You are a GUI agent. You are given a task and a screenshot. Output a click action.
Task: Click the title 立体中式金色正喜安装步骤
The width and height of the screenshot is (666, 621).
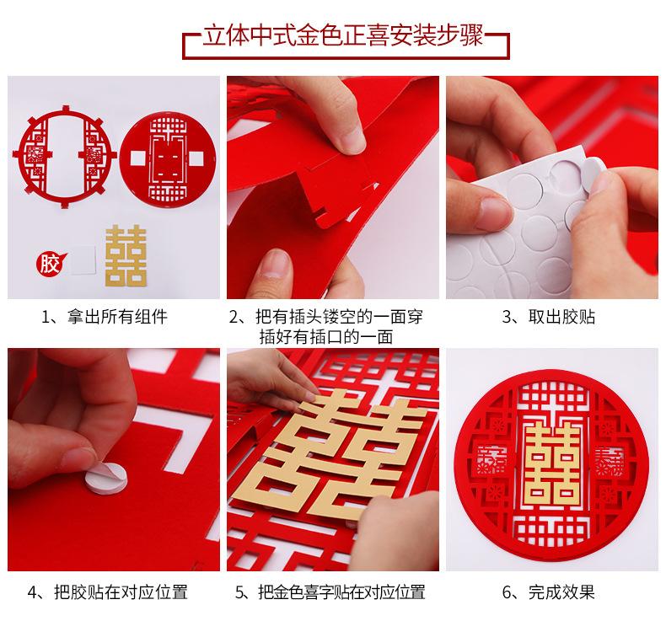343,35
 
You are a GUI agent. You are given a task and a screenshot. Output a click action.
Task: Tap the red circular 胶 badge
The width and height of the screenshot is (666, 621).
51,264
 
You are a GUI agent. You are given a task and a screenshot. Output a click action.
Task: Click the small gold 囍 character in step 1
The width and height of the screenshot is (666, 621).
126,255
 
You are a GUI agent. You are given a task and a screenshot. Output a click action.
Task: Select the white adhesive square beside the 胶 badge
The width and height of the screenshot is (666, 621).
83,260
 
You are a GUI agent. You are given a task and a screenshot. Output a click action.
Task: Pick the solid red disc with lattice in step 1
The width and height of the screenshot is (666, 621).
168,158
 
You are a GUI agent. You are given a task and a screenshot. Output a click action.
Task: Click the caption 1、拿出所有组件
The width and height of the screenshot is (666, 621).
104,317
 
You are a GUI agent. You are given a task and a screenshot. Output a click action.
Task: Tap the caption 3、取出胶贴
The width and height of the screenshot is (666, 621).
549,317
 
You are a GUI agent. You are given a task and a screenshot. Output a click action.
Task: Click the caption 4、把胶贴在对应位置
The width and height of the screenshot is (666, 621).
107,592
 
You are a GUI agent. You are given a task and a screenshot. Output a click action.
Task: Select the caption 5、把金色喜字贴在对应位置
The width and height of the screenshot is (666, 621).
330,592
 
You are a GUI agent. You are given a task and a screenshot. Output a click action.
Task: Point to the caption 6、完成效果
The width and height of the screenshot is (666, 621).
548,592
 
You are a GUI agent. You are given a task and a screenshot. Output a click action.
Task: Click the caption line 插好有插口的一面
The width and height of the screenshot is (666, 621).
325,337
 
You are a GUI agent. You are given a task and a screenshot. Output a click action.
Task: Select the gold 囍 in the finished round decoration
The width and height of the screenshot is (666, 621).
552,464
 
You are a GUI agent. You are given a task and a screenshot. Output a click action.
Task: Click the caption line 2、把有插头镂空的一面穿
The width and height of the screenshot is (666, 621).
325,317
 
